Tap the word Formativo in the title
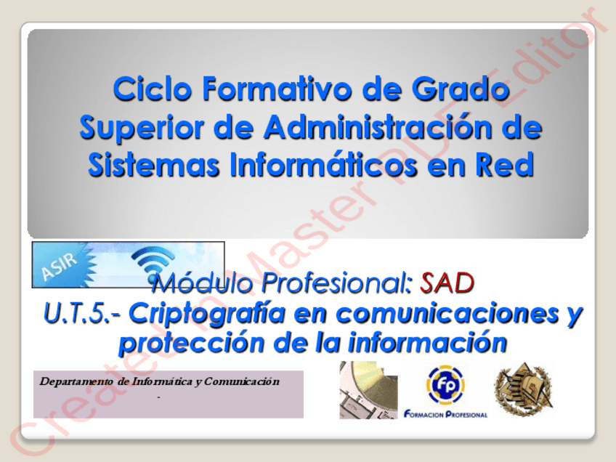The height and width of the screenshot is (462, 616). (x=277, y=89)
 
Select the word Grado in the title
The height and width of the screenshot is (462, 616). (x=461, y=89)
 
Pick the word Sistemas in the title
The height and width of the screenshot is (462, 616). (x=153, y=165)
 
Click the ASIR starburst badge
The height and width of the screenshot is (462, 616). (x=64, y=265)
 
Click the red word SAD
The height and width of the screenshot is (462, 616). (x=447, y=283)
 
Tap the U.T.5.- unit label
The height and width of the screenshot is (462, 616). (x=83, y=314)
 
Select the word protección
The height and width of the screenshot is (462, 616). (x=192, y=344)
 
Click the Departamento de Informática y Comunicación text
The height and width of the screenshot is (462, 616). (x=160, y=381)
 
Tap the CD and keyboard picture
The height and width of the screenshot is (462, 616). (x=368, y=389)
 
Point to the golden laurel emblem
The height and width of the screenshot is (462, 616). (x=524, y=389)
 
